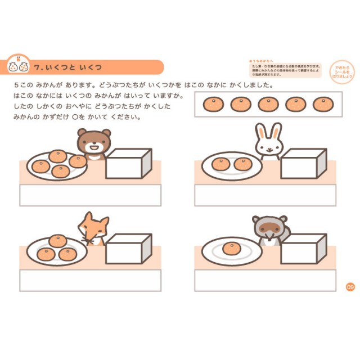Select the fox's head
(92, 227)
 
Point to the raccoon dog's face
(268, 228)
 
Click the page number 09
(350, 287)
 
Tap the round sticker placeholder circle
(342, 70)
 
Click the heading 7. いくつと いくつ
(67, 67)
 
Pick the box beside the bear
(129, 164)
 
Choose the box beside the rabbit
(304, 164)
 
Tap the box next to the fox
(129, 249)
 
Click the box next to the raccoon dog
(304, 249)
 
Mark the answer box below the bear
(90, 195)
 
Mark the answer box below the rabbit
(265, 195)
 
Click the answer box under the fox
(90, 280)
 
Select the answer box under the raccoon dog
(265, 280)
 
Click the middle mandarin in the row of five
(268, 105)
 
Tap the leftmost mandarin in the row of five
(213, 105)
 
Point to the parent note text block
(285, 69)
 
